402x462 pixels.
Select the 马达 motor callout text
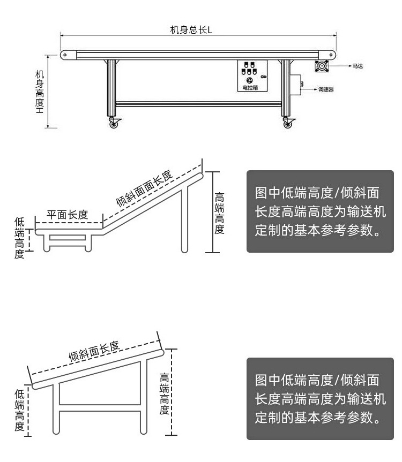coord(358,66)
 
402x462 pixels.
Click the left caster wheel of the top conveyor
coord(114,124)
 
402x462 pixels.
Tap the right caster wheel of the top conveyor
coord(287,124)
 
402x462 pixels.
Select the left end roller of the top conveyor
coord(65,55)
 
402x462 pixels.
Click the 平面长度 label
coord(68,215)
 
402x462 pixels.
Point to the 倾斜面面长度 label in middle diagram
coord(144,188)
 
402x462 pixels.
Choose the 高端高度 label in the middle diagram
coord(219,213)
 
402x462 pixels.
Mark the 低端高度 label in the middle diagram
coord(20,238)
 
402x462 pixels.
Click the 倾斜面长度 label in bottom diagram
coord(94,350)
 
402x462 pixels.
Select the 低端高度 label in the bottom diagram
coord(20,411)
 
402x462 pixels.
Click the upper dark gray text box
coord(321,211)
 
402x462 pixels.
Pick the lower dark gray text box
coord(321,399)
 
